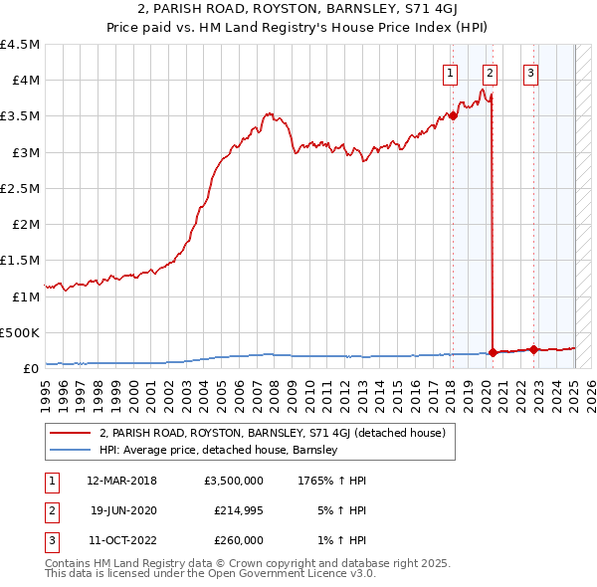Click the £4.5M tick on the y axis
coord(21,45)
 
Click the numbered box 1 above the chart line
coord(451,73)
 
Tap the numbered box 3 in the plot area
coord(530,73)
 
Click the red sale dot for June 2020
coord(494,352)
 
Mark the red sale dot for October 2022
coord(533,349)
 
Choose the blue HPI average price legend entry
coord(218,450)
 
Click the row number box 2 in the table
coord(50,510)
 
